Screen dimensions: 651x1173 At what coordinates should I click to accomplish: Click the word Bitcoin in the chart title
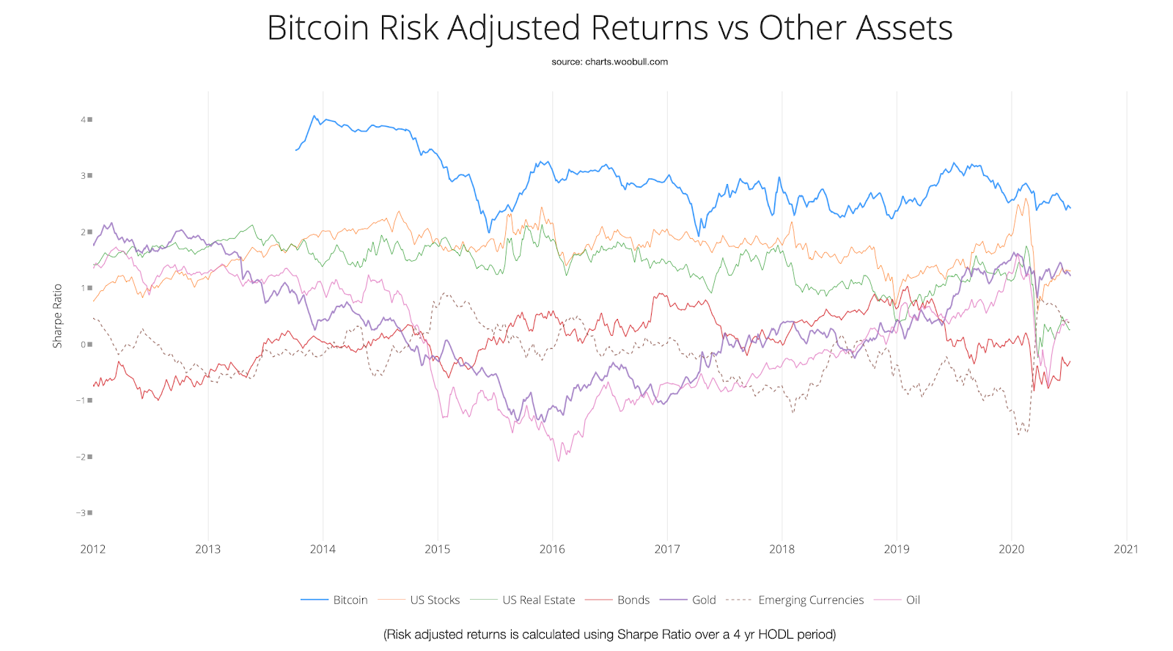click(x=317, y=29)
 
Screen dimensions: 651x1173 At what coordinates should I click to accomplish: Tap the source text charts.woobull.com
click(x=626, y=62)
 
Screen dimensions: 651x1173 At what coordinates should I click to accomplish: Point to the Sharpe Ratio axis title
click(x=57, y=316)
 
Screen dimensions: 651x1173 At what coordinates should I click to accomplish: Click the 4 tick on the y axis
click(x=84, y=119)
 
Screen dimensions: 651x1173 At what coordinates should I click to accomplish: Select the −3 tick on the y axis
click(x=82, y=513)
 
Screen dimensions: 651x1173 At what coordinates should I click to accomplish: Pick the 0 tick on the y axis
click(x=84, y=345)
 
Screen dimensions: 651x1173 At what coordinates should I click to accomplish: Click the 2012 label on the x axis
click(x=93, y=549)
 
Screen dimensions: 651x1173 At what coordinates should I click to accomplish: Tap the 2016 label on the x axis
click(x=552, y=549)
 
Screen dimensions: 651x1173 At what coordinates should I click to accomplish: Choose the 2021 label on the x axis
click(x=1126, y=549)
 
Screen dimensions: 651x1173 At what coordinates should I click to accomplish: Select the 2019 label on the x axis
click(x=897, y=549)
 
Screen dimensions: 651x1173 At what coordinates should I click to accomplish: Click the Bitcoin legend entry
click(x=350, y=600)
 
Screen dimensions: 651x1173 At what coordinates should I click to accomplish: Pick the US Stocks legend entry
click(x=435, y=600)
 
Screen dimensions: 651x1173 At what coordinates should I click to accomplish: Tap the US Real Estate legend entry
click(x=538, y=600)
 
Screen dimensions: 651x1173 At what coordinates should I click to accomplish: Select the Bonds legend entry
click(x=633, y=600)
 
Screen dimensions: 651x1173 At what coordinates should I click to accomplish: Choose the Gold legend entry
click(x=704, y=600)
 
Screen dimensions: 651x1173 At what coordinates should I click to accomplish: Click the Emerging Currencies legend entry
click(x=811, y=600)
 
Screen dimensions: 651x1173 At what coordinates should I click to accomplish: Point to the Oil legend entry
click(x=913, y=600)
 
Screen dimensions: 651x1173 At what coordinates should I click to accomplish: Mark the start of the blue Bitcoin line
click(x=295, y=150)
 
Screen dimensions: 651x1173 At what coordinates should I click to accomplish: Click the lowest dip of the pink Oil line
click(x=559, y=460)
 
